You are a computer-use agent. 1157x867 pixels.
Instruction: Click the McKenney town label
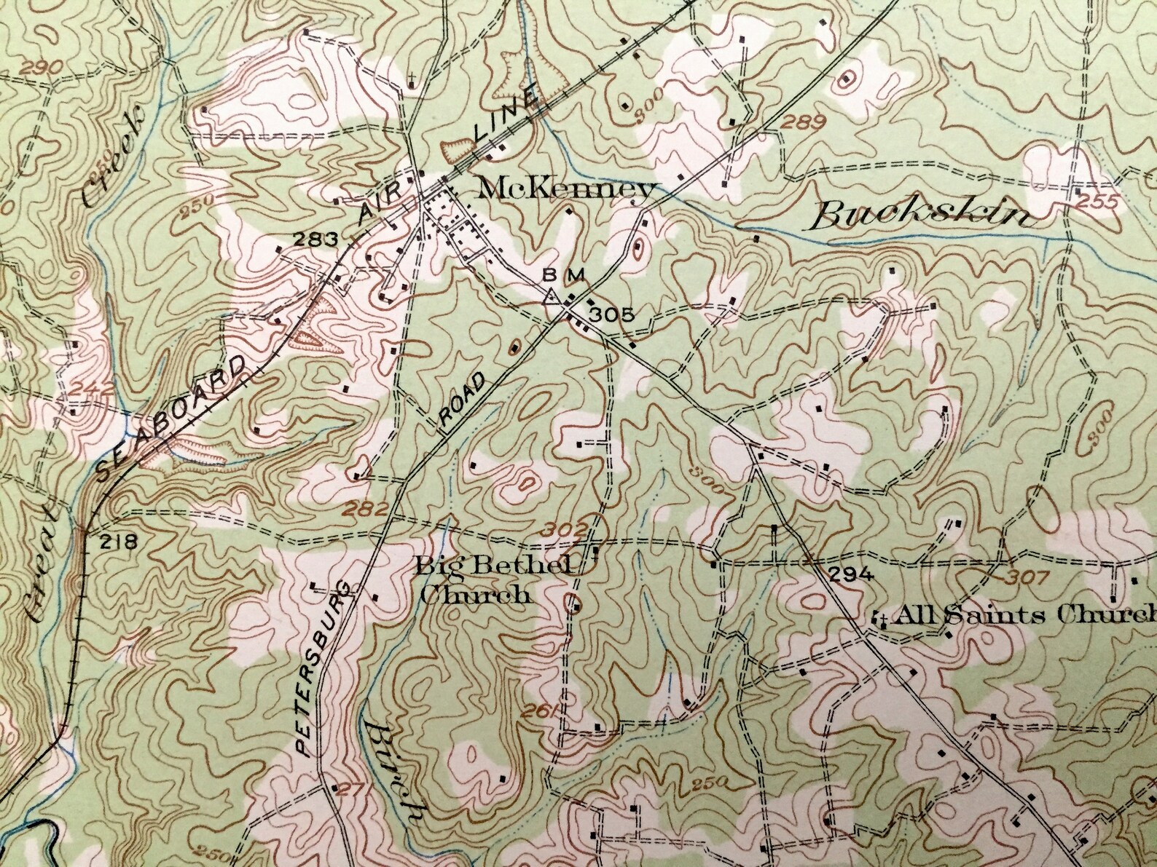point(566,190)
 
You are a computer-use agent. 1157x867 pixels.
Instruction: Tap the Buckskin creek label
point(923,216)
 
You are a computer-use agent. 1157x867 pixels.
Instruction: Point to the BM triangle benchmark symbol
point(552,296)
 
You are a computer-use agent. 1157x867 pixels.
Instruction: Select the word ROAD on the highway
point(462,401)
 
